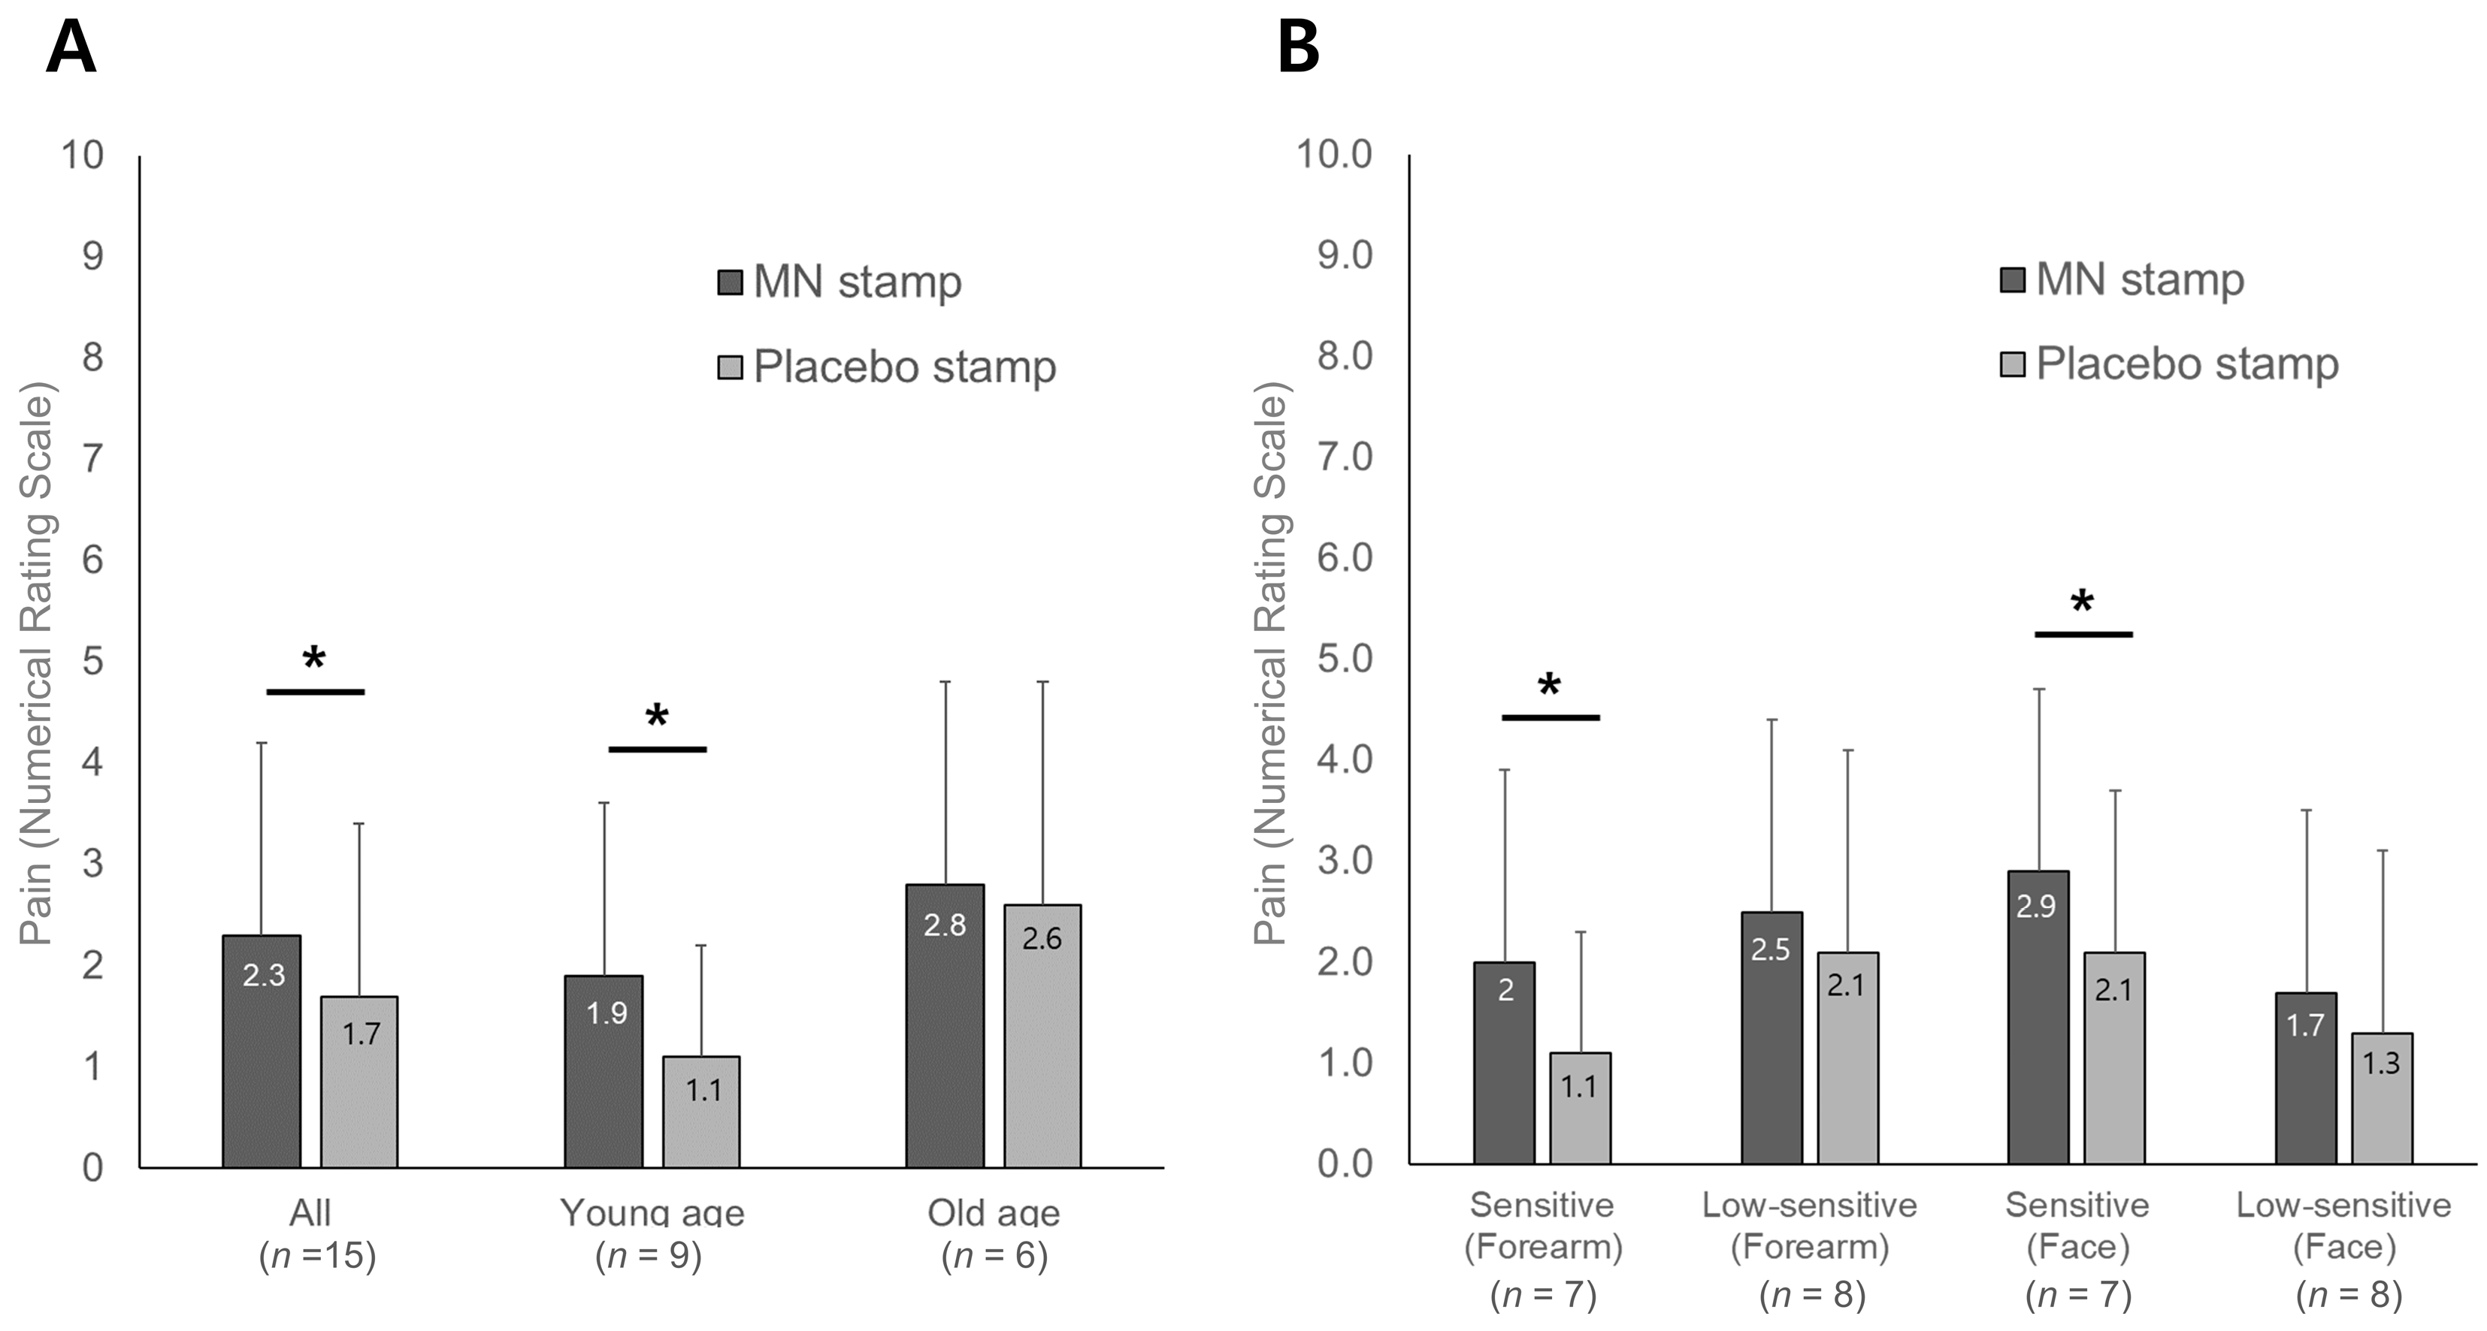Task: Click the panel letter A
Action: [71, 48]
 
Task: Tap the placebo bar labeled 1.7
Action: [359, 1081]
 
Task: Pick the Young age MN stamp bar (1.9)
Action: [604, 1071]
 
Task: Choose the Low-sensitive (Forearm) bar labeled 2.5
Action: [1771, 1037]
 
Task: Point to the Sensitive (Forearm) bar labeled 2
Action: [1504, 1061]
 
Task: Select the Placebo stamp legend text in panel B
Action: [2187, 364]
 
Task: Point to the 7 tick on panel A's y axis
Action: [92, 457]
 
